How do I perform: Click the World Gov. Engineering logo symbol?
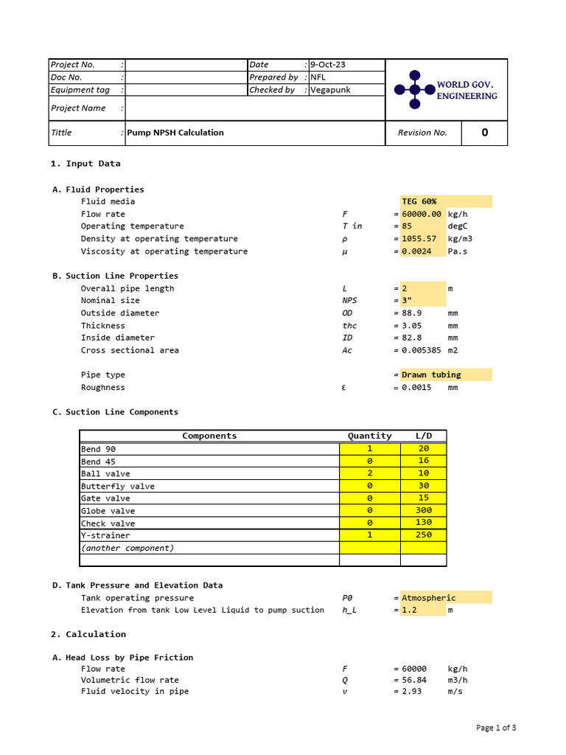414,90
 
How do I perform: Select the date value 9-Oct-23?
327,65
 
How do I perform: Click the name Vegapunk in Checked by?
330,90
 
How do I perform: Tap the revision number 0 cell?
484,133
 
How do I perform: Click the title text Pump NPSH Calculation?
175,133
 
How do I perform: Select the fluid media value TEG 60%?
419,201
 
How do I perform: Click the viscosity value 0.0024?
416,251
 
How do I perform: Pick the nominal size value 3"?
407,301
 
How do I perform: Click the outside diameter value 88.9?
411,313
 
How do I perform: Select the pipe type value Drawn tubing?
431,375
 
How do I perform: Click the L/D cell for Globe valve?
423,510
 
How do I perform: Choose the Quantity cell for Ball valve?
369,473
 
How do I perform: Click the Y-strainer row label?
105,535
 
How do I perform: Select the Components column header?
209,436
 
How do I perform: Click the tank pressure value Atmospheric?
429,598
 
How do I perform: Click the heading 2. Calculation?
88,634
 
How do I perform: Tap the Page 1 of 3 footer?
496,728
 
